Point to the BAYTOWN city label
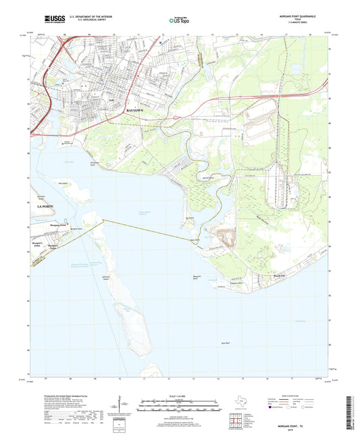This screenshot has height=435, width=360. point(136,109)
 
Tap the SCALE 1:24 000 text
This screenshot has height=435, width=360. point(179,395)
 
